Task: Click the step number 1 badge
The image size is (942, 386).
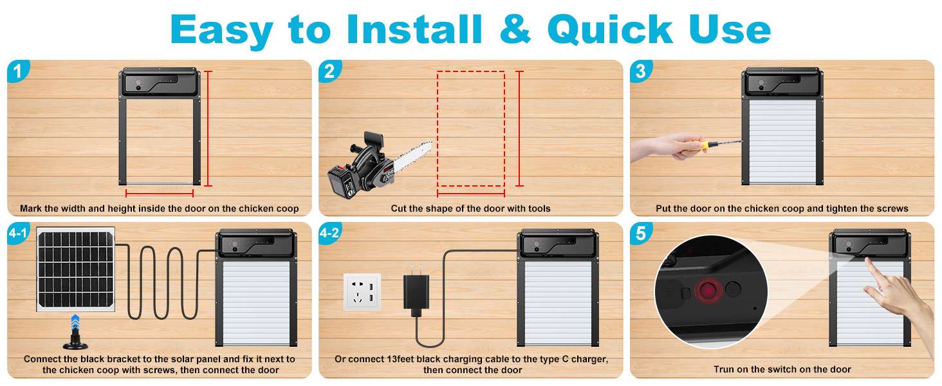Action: click(x=17, y=71)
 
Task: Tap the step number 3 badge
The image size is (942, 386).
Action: click(x=640, y=71)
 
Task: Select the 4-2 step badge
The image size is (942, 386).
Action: click(x=329, y=233)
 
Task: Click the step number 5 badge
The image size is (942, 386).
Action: click(x=640, y=233)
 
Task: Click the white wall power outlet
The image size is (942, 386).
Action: click(x=362, y=292)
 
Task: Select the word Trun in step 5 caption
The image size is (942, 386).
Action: click(x=725, y=369)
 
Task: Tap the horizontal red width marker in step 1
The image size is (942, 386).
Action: click(x=160, y=193)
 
